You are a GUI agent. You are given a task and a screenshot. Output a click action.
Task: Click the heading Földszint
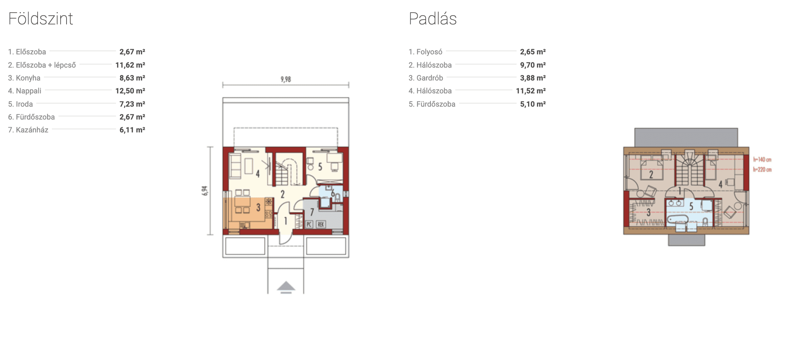pos(41,19)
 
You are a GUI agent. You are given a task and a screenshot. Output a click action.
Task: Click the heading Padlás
pos(433,19)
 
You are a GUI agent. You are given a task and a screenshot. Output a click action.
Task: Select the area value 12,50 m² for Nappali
pos(130,91)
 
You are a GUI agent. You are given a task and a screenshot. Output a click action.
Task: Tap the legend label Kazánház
pos(28,130)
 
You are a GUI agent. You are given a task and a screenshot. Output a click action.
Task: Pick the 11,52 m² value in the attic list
pos(531,91)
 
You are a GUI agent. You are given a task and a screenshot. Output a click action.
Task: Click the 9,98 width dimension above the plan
pos(286,79)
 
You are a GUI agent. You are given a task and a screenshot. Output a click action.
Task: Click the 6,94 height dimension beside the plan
pos(205,191)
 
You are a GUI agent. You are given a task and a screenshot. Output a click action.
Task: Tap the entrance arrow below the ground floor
pos(286,287)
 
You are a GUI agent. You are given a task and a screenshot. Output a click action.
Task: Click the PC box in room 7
pos(309,224)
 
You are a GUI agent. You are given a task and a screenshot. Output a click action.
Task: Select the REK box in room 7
pos(321,224)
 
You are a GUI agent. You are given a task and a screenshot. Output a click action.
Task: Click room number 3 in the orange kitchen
pos(258,208)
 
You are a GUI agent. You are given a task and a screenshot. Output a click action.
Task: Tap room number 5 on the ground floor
pos(320,167)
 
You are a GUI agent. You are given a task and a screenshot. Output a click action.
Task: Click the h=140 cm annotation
pos(762,160)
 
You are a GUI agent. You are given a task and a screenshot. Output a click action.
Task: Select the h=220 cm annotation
pos(762,170)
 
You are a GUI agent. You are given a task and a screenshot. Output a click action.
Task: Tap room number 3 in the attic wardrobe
pos(648,212)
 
